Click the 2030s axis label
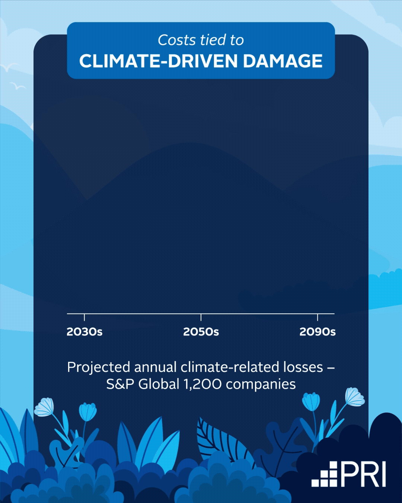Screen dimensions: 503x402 click(x=84, y=332)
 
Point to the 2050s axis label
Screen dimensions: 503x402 click(x=201, y=332)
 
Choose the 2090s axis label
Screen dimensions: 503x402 click(x=318, y=332)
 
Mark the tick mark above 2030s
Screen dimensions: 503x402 click(x=84, y=317)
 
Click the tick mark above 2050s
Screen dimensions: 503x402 click(x=201, y=317)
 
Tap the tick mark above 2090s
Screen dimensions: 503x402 click(x=318, y=317)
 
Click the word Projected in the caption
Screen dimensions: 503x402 click(x=99, y=367)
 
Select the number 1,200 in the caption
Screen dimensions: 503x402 click(x=202, y=384)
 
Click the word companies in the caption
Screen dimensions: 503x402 click(x=261, y=384)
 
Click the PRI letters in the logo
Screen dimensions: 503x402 click(x=363, y=474)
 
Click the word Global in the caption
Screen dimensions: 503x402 click(x=159, y=384)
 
